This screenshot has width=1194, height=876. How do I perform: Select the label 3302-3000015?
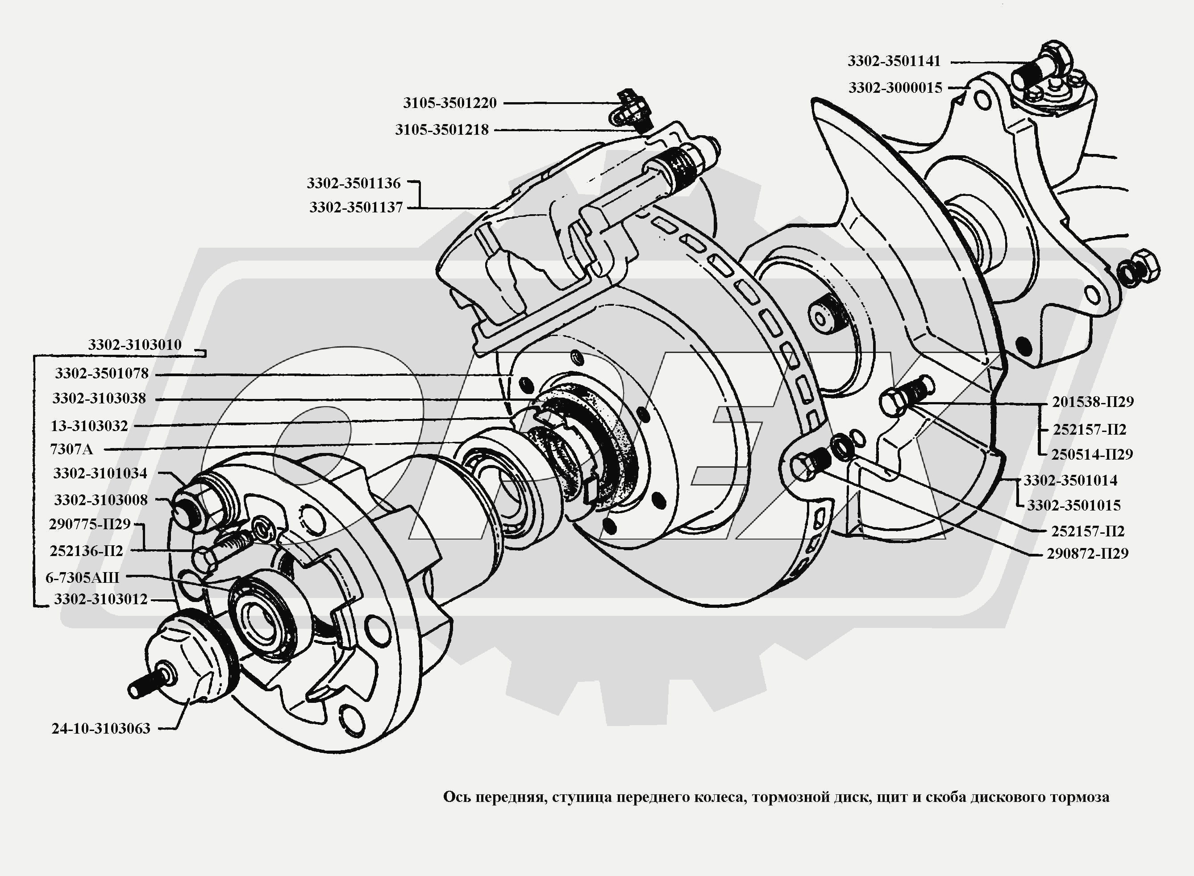(x=895, y=88)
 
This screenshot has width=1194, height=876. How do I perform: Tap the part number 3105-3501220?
(x=449, y=103)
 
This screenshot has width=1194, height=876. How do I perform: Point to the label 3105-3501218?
(x=441, y=130)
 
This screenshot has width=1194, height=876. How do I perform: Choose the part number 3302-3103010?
(x=135, y=345)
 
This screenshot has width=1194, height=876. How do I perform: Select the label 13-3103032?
(x=89, y=426)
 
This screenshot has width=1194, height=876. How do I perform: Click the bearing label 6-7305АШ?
(x=82, y=577)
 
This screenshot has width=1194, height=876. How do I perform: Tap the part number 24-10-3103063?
(x=101, y=729)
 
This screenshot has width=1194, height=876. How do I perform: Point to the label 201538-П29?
(x=1093, y=402)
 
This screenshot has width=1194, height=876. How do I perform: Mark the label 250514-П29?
(x=1092, y=454)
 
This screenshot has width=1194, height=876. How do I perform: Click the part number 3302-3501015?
(x=1073, y=505)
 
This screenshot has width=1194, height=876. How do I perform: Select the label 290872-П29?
(x=1087, y=554)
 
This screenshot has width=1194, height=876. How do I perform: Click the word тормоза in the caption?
(x=1082, y=797)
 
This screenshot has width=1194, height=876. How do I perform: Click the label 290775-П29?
(x=89, y=524)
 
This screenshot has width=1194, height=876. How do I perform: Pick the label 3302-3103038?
(x=99, y=399)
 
